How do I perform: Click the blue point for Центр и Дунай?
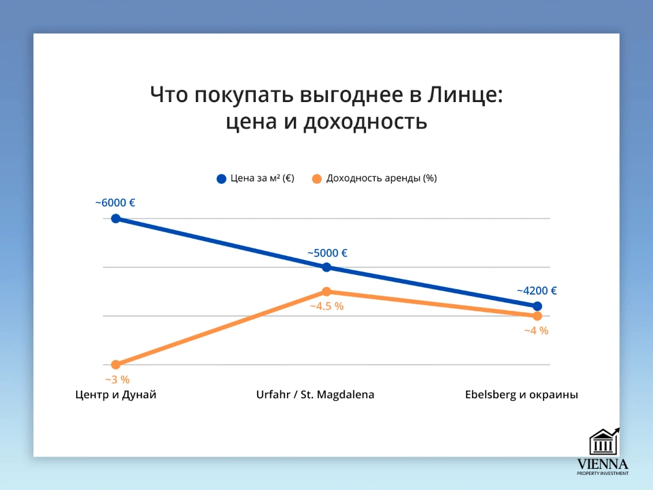[116, 218]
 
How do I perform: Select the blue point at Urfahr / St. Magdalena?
[326, 267]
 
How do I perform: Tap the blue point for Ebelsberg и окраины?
[537, 306]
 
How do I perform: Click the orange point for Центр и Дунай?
[116, 365]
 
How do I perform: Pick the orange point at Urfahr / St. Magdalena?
[326, 291]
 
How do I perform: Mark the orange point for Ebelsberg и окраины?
[537, 316]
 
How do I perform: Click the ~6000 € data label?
[115, 203]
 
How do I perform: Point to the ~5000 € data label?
[327, 253]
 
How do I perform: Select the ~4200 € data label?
[537, 291]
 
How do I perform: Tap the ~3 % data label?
[117, 380]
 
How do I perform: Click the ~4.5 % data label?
[326, 306]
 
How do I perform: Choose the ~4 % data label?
[536, 331]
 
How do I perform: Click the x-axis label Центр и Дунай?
[116, 395]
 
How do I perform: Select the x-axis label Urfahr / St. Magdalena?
[316, 395]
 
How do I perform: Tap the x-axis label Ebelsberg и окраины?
[522, 395]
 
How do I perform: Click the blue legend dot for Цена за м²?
[221, 179]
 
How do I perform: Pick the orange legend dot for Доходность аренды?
[317, 179]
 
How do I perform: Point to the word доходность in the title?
[365, 122]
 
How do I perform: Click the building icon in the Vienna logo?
[603, 442]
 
